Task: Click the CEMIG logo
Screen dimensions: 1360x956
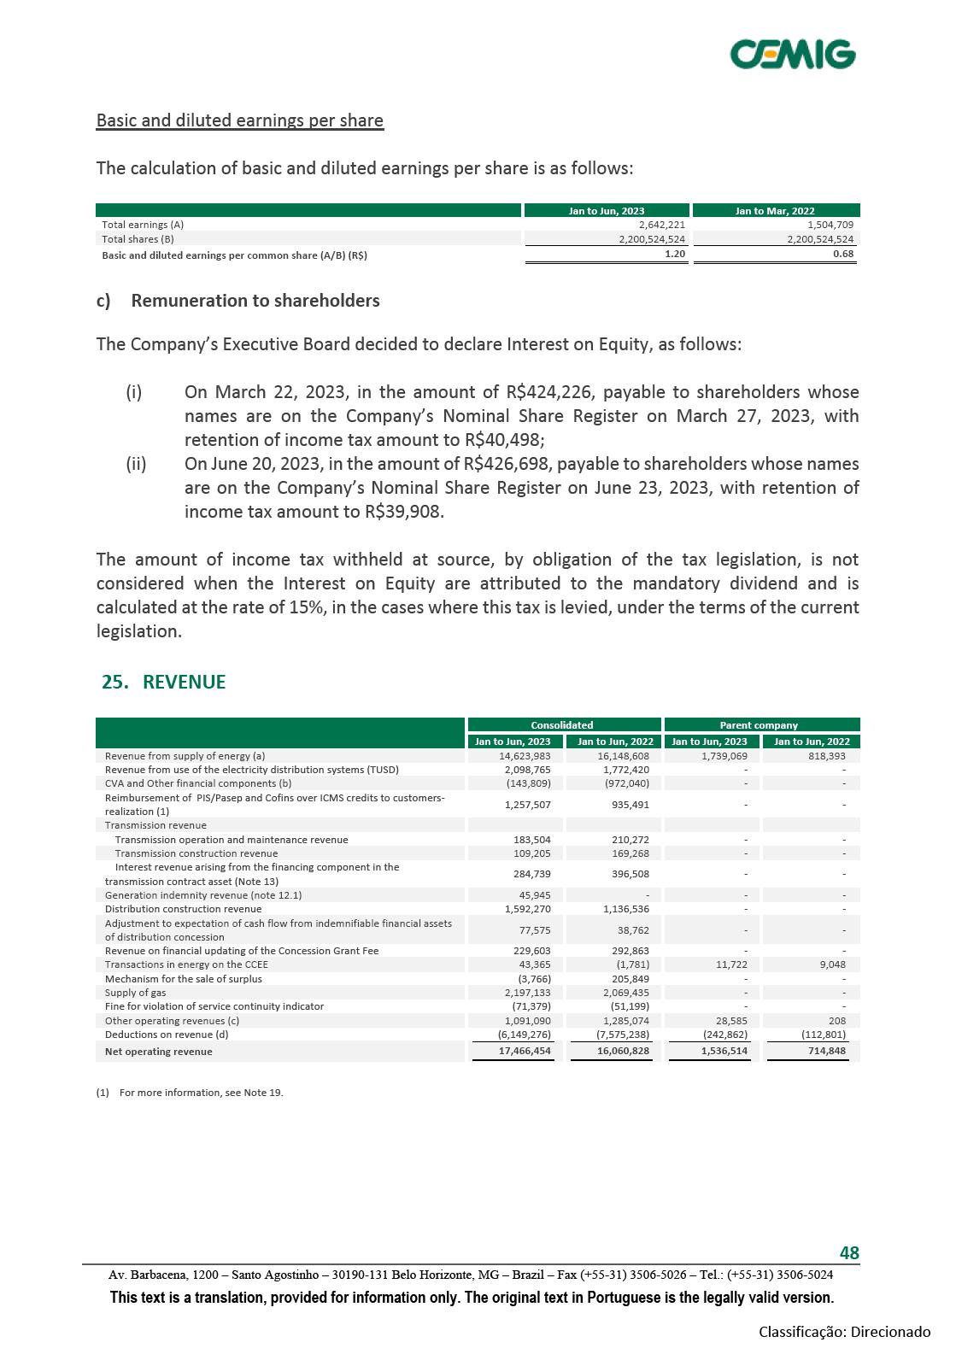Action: (x=792, y=54)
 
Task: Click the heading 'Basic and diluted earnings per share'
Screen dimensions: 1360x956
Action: (x=239, y=120)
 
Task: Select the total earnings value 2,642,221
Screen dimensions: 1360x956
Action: (x=662, y=225)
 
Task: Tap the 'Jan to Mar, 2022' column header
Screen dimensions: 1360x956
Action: (x=775, y=211)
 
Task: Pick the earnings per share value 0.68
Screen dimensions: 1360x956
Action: (x=843, y=254)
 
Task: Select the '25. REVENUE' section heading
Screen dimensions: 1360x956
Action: (x=163, y=682)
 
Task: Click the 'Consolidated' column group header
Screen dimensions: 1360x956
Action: (x=562, y=725)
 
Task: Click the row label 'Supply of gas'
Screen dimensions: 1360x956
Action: (x=135, y=993)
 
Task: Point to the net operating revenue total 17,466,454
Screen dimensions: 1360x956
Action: (x=525, y=1051)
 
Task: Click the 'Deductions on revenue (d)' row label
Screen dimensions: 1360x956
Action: (x=162, y=1035)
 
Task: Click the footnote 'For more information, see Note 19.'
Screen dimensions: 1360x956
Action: (x=201, y=1093)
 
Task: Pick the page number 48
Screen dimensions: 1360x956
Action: (x=849, y=1253)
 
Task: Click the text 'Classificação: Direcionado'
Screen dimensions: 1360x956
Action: (x=844, y=1332)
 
